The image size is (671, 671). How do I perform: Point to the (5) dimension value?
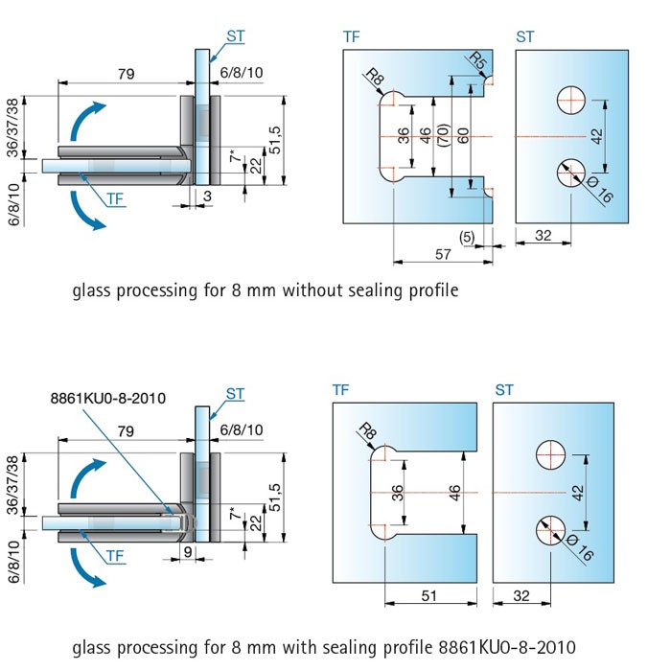point(467,235)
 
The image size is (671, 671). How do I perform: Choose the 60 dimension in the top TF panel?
point(464,135)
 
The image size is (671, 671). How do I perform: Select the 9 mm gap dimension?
point(188,552)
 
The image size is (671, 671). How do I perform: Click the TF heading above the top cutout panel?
point(352,37)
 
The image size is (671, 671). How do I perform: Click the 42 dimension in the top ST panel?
point(597,137)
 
